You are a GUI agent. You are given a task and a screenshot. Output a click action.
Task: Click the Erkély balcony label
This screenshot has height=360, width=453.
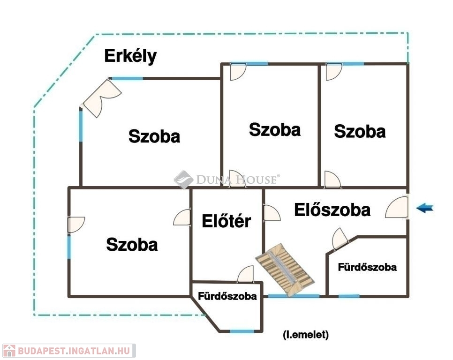click(x=130, y=56)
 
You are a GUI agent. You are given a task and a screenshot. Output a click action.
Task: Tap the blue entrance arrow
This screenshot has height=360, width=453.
click(x=425, y=208)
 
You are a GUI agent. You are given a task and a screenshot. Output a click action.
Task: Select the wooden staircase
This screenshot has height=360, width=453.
click(x=285, y=270)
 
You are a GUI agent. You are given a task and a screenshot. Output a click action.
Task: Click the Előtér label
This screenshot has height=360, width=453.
click(x=226, y=221)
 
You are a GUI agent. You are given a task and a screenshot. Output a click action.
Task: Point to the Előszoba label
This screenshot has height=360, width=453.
click(x=332, y=210)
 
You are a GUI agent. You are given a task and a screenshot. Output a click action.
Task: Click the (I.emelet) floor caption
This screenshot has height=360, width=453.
click(x=306, y=335)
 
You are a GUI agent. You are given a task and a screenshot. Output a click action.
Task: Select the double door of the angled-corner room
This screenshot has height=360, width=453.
click(x=102, y=98)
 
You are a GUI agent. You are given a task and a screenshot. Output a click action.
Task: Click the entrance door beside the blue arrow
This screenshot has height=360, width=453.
click(x=397, y=207)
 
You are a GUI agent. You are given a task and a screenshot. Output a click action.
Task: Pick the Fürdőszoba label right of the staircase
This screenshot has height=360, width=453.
click(x=367, y=267)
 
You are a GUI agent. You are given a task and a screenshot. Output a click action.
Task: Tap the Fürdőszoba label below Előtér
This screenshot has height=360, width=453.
click(x=227, y=296)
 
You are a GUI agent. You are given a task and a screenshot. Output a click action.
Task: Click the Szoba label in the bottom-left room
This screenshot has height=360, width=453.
click(x=132, y=245)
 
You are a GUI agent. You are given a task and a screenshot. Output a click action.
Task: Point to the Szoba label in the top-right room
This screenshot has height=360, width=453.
click(x=360, y=131)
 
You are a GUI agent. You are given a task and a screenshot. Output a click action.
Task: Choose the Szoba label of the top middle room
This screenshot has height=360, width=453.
click(x=275, y=130)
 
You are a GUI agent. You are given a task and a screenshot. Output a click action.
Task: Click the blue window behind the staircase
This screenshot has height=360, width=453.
click(x=294, y=296)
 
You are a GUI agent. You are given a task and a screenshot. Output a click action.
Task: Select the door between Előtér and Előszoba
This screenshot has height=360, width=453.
click(x=272, y=213)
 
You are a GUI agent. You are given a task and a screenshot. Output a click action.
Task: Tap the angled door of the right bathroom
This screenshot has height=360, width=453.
click(x=340, y=239)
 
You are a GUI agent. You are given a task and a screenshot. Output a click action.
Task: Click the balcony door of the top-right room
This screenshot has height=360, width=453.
click(x=334, y=72)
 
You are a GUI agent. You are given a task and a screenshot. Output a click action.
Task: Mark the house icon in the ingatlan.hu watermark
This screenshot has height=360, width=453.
click(x=9, y=351)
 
